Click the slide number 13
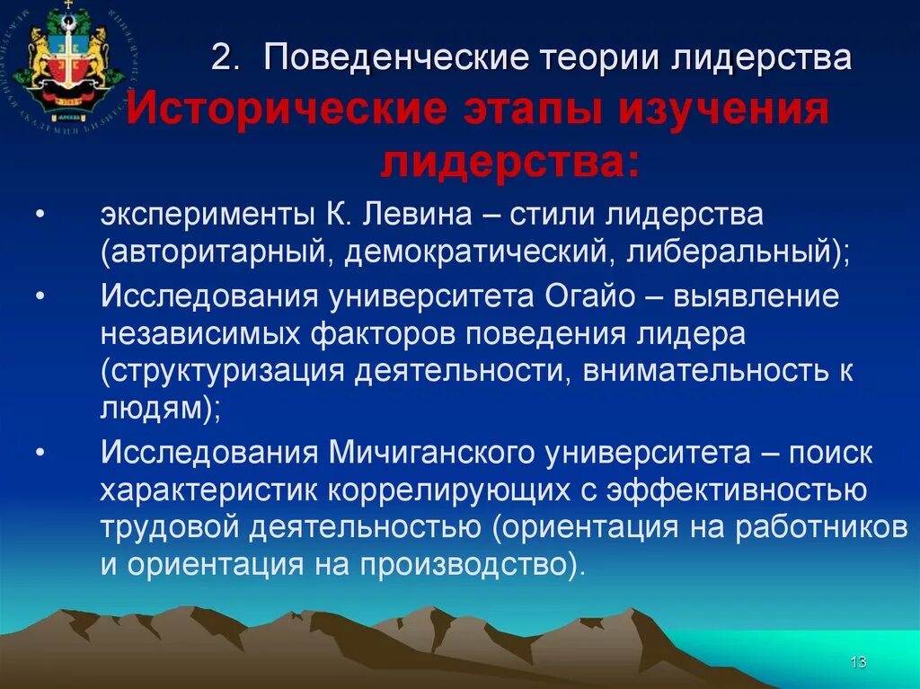pyautogui.click(x=857, y=663)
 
